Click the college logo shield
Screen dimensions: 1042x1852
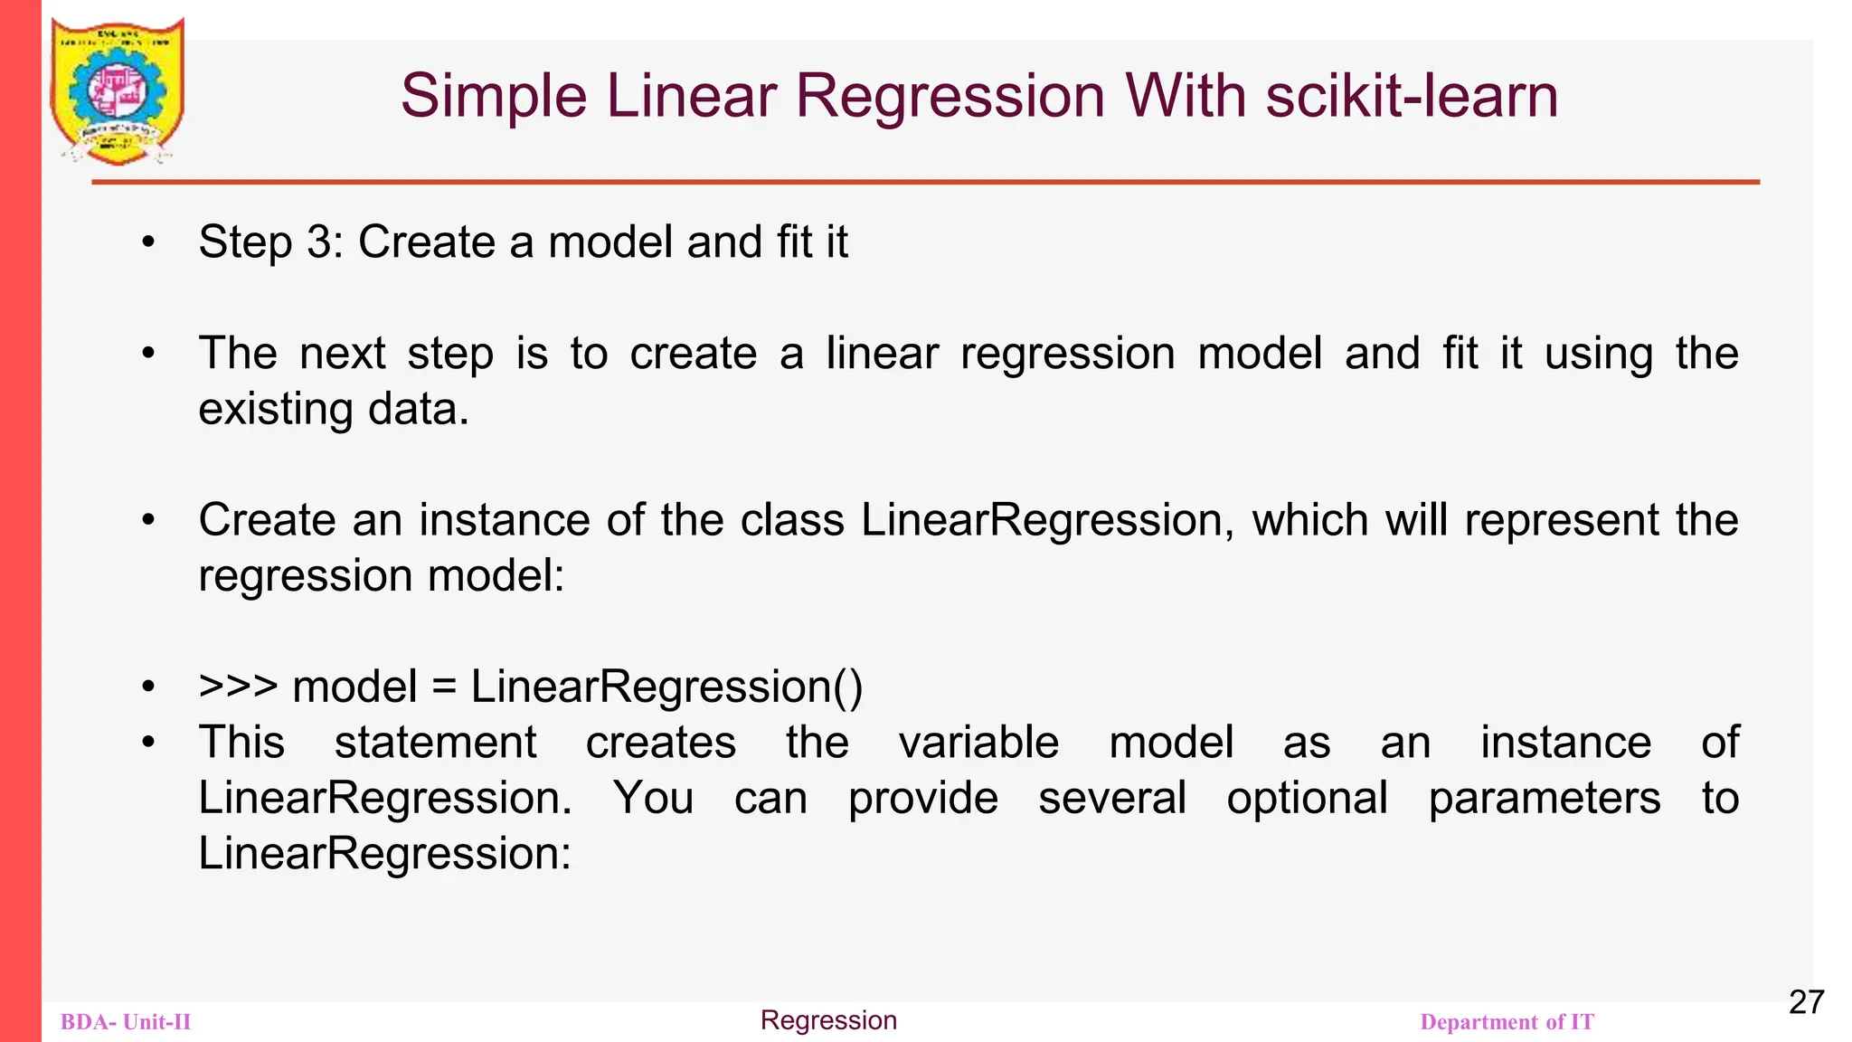point(118,90)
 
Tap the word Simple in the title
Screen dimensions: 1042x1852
point(493,96)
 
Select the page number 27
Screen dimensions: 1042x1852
point(1806,1002)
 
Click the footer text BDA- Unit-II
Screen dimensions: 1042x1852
point(126,1022)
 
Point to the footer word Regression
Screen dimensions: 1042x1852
point(828,1020)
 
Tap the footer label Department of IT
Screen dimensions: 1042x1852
point(1507,1022)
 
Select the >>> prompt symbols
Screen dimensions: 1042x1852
point(238,687)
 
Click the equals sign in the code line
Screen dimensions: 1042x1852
point(443,687)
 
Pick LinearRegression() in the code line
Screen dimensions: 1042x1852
point(666,687)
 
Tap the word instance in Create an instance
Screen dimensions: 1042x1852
point(504,520)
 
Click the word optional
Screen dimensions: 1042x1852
point(1307,799)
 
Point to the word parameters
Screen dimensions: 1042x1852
point(1545,799)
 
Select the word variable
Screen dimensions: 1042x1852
point(978,743)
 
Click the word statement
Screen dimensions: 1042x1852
point(435,743)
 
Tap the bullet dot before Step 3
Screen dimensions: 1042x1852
point(149,242)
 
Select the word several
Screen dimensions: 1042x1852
point(1111,799)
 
